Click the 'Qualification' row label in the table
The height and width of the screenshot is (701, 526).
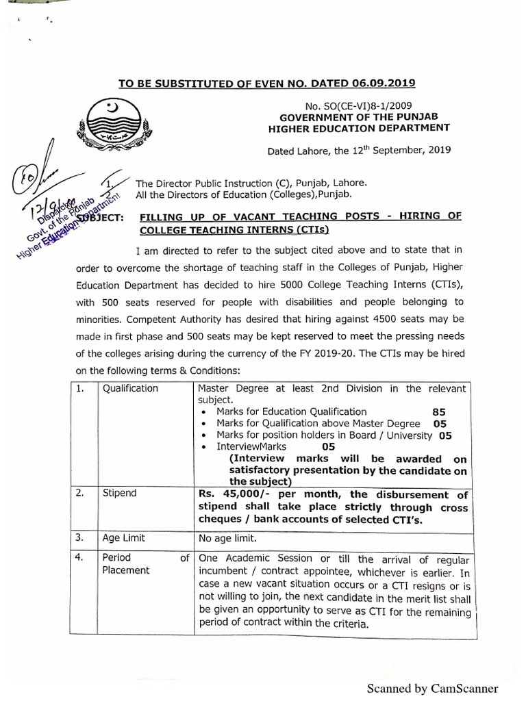tap(130, 388)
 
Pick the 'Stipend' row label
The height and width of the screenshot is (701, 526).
tap(119, 493)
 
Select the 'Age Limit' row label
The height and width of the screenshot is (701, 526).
tap(124, 538)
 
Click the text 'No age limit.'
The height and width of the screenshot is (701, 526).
tap(228, 538)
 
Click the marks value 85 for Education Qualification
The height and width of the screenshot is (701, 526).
tap(439, 412)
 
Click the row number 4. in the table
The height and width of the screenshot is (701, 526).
tap(82, 558)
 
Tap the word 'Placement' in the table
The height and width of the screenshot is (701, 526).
tap(125, 570)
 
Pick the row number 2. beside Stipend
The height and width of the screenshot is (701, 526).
tap(81, 493)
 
